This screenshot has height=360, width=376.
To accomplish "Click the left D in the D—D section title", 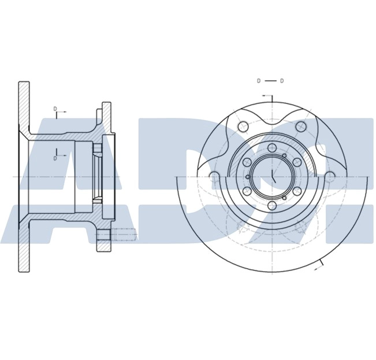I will (259, 81).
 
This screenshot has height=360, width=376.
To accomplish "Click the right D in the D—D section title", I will (282, 81).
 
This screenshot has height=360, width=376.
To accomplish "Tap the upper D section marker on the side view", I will (55, 109).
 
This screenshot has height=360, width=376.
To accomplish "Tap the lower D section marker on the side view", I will (55, 158).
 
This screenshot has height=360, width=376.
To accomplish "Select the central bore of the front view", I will (272, 177).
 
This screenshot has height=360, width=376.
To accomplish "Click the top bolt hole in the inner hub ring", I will (272, 148).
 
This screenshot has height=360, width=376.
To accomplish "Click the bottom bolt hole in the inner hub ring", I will (272, 206).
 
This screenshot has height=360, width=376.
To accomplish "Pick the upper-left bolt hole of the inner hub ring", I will (247, 162).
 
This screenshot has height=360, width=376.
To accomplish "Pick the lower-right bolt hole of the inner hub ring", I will (297, 191).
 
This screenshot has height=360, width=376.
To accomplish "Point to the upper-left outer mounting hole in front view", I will (243, 127).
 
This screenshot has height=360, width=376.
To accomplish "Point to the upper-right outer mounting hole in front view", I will (301, 127).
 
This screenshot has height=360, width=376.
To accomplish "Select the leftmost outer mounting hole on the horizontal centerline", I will (214, 177).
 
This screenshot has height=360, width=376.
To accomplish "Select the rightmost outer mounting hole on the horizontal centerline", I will (330, 177).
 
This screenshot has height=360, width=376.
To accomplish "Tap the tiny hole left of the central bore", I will (248, 177).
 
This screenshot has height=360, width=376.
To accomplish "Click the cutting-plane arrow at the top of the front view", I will (267, 96).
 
